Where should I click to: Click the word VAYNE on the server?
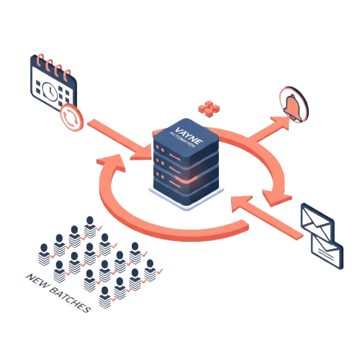coord(189,135)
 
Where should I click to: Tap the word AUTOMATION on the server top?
coord(181,140)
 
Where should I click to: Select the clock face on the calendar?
coord(50,91)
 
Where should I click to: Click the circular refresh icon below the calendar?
coord(71,117)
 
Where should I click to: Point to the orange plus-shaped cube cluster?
coord(209,109)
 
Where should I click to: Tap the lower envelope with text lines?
coord(328,251)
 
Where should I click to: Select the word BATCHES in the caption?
coord(70,299)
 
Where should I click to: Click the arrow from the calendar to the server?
coord(120,140)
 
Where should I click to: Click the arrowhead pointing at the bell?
coord(281,123)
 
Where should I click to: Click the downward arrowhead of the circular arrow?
coord(276,197)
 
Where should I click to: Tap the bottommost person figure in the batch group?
coord(105,297)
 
